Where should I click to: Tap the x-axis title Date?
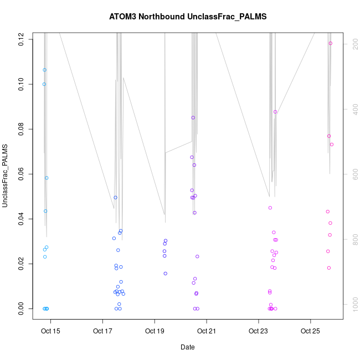tap(187, 347)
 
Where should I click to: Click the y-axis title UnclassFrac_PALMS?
tap(5, 176)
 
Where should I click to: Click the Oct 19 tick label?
tap(155, 332)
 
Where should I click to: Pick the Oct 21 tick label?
tap(207, 332)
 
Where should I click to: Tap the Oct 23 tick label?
tap(259, 332)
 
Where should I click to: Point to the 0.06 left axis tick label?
tap(21, 174)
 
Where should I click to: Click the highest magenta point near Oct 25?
tap(331, 43)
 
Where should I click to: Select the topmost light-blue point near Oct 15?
tap(44, 70)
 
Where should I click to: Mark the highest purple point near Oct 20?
tap(193, 117)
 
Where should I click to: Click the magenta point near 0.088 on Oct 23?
tap(275, 112)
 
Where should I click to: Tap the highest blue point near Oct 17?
tap(116, 198)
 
